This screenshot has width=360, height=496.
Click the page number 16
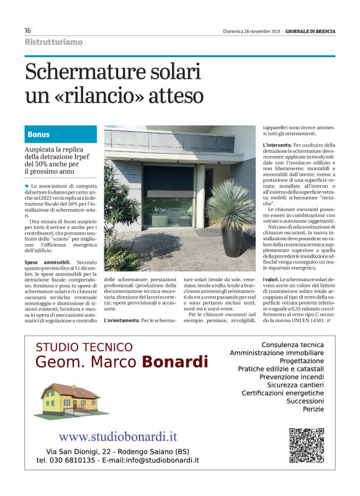[x=28, y=30]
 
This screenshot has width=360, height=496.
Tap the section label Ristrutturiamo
[x=53, y=42]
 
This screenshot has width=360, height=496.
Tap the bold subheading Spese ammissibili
[x=49, y=263]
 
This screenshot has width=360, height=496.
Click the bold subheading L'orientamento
[x=122, y=320]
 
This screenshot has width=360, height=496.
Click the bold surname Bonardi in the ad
[x=174, y=361]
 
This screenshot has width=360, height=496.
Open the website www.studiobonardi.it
[x=117, y=437]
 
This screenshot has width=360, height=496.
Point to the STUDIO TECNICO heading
[x=84, y=347]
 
